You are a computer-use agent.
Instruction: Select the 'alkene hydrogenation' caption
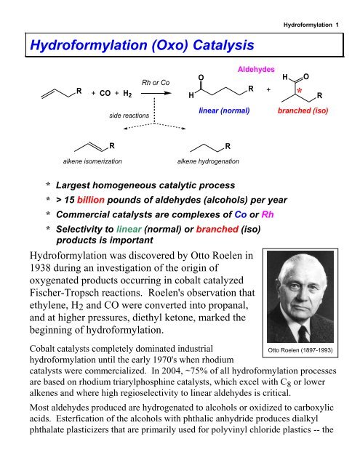(210, 158)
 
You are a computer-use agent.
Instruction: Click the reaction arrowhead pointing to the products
(172, 94)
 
